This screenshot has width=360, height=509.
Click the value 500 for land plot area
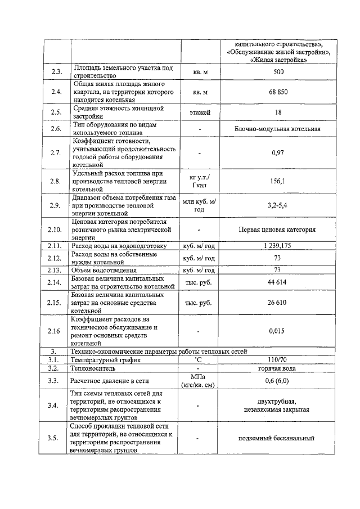278,72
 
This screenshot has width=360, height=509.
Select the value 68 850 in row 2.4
278,92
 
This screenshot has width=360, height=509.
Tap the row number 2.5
56,112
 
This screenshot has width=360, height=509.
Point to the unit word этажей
200,112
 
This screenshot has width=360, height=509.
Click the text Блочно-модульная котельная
278,129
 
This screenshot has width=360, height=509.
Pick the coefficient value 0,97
278,153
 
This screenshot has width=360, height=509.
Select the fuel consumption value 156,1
278,181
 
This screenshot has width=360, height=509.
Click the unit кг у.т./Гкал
200,181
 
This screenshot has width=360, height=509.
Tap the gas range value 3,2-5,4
278,205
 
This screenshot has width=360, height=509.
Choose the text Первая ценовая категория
278,229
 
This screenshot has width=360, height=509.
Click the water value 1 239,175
278,246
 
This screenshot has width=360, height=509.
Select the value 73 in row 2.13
278,269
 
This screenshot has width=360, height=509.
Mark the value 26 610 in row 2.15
278,303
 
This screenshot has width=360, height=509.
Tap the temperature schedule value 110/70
278,359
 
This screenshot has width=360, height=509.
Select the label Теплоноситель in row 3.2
93,368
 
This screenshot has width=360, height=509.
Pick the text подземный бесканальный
278,438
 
